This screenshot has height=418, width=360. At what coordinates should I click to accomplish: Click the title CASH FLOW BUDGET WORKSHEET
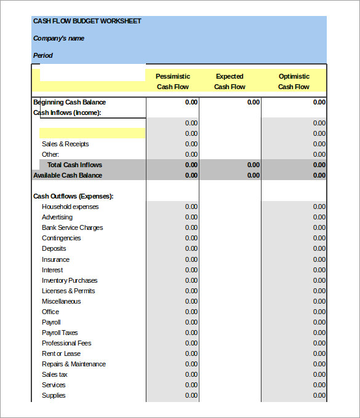click(87, 21)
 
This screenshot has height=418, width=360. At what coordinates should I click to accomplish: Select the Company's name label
click(58, 38)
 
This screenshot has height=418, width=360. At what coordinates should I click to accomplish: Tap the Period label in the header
click(42, 55)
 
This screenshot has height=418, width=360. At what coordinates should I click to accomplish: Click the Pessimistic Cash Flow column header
click(172, 81)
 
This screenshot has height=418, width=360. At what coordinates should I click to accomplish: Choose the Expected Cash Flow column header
click(230, 81)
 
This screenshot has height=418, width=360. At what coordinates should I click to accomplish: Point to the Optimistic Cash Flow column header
click(294, 81)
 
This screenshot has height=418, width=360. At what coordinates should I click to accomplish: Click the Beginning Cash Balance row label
click(70, 102)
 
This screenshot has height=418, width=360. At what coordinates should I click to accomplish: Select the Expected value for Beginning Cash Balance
click(253, 102)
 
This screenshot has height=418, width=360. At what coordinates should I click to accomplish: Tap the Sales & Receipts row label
click(65, 144)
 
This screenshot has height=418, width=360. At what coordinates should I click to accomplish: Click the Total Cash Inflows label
click(74, 165)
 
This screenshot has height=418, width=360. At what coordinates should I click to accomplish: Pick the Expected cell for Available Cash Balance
click(253, 175)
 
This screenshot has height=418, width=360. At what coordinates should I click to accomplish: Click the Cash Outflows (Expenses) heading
click(73, 196)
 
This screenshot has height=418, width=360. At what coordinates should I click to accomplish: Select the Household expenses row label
click(70, 207)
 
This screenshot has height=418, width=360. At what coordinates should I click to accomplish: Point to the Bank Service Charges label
click(72, 227)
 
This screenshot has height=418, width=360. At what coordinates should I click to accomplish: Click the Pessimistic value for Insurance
click(191, 259)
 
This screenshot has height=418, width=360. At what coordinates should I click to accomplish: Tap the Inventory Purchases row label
click(70, 280)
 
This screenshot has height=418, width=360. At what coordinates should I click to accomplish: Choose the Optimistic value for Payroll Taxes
click(319, 333)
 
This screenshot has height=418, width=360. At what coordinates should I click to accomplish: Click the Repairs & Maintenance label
click(73, 364)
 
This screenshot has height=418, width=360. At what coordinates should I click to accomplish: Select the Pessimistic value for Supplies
click(191, 395)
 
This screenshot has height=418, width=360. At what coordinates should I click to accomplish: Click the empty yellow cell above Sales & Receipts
click(92, 133)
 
